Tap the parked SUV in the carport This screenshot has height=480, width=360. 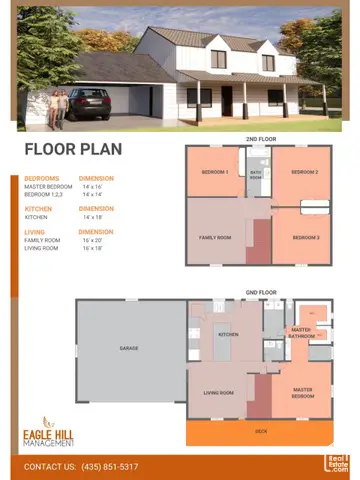93,103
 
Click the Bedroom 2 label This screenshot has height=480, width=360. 304,172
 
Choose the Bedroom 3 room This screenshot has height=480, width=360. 306,237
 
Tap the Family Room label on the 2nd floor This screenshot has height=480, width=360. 217,237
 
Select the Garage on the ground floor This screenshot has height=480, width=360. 129,348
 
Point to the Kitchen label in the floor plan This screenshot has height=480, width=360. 228,334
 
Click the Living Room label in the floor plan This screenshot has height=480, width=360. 218,392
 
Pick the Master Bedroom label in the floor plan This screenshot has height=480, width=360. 303,392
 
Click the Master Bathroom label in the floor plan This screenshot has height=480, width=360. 301,332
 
